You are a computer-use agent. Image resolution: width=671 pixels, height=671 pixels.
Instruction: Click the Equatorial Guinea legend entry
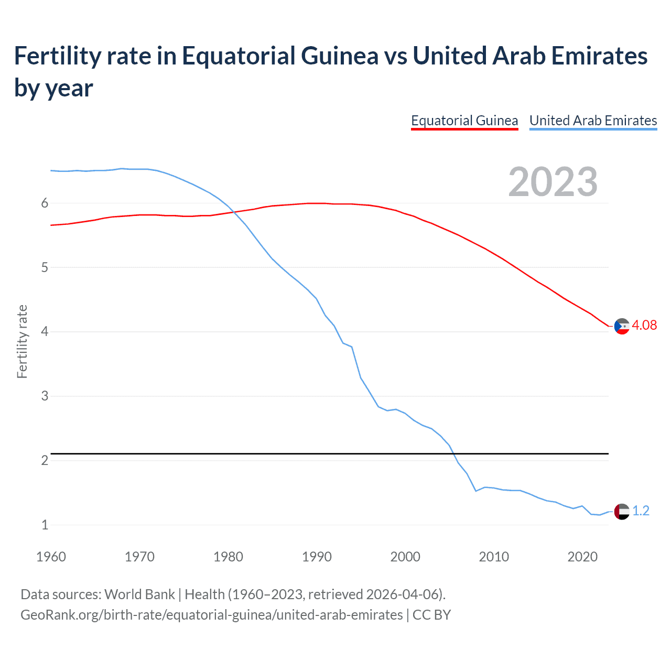click(464, 121)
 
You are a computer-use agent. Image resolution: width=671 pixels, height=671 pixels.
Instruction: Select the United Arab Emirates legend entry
click(593, 121)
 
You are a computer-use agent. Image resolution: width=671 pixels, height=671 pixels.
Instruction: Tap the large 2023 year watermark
click(553, 182)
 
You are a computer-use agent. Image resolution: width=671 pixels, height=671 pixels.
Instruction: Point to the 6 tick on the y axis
click(45, 203)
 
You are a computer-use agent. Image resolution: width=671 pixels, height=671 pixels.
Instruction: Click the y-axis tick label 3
click(45, 396)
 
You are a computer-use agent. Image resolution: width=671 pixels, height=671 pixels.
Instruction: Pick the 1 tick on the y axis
click(45, 525)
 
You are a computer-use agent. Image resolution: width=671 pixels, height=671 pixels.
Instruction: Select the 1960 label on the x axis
click(51, 557)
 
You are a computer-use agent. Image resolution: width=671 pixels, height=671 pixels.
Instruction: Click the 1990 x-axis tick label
click(317, 557)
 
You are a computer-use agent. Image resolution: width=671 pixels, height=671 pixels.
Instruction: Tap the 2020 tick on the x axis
click(582, 557)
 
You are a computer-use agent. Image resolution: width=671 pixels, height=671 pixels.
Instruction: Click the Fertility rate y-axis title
click(22, 341)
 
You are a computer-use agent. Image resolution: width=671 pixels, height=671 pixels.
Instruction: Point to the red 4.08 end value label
click(644, 325)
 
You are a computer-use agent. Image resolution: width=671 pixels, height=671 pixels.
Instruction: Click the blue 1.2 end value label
click(641, 511)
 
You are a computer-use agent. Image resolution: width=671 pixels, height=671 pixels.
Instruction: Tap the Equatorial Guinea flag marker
click(622, 326)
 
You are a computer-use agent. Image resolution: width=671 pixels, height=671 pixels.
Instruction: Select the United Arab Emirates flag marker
click(622, 511)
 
